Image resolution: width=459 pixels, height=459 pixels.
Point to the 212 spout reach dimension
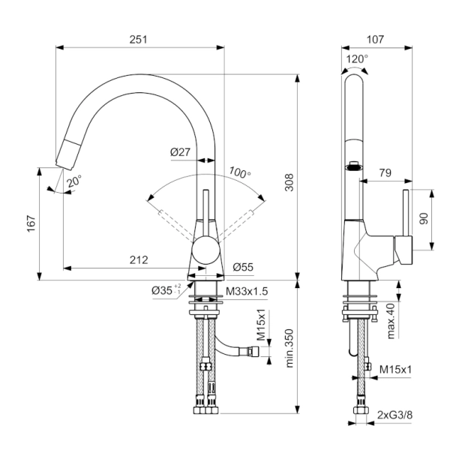coord(138,259)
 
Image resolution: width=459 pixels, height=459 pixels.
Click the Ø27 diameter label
coord(181,152)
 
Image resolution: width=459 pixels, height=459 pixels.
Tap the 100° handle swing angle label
coord(240,171)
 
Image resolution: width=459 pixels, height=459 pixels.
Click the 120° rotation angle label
coord(357,58)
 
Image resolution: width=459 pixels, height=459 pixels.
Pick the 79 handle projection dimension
coord(385,173)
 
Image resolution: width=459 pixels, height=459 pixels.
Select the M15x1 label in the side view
coord(397,368)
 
